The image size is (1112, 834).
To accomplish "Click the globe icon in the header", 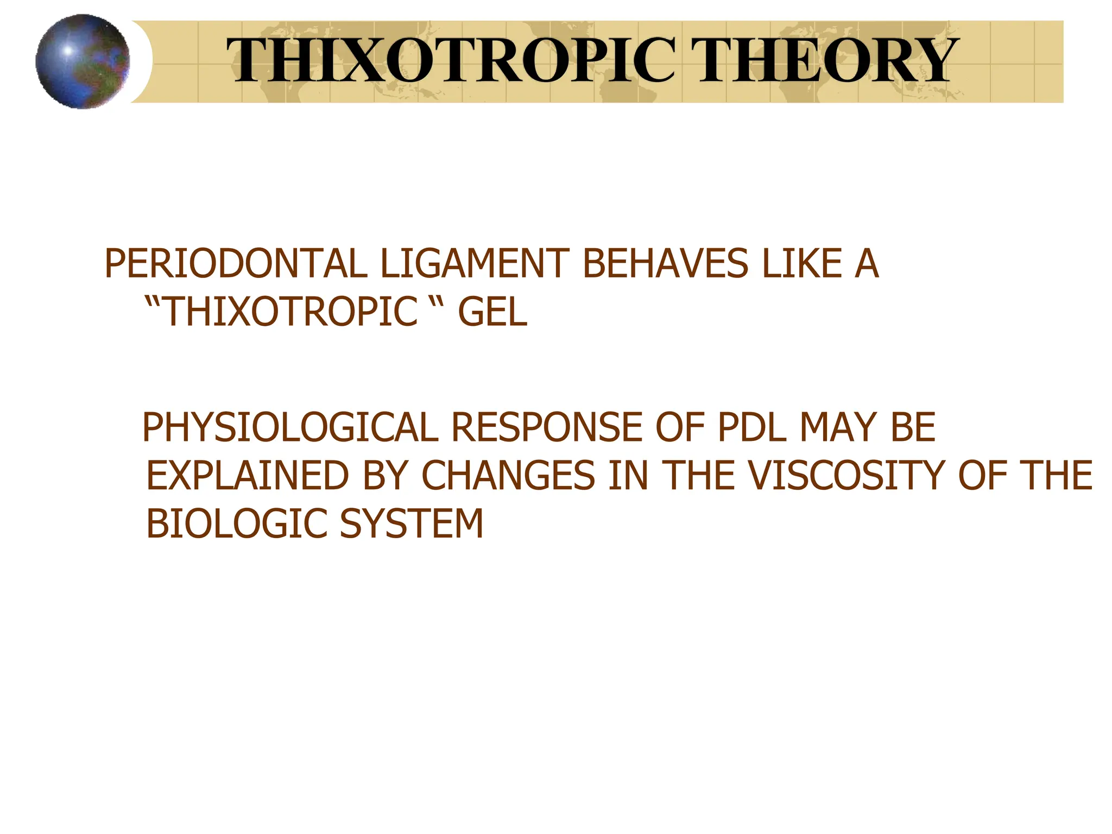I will [83, 61].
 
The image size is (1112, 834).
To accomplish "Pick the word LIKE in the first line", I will [801, 264].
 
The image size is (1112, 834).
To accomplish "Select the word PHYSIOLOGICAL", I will [290, 428].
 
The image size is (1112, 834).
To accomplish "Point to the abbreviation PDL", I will [751, 428].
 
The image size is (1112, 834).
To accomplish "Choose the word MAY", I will [838, 428].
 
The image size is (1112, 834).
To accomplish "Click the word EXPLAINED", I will [248, 476].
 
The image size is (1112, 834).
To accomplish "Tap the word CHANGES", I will [508, 476].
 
